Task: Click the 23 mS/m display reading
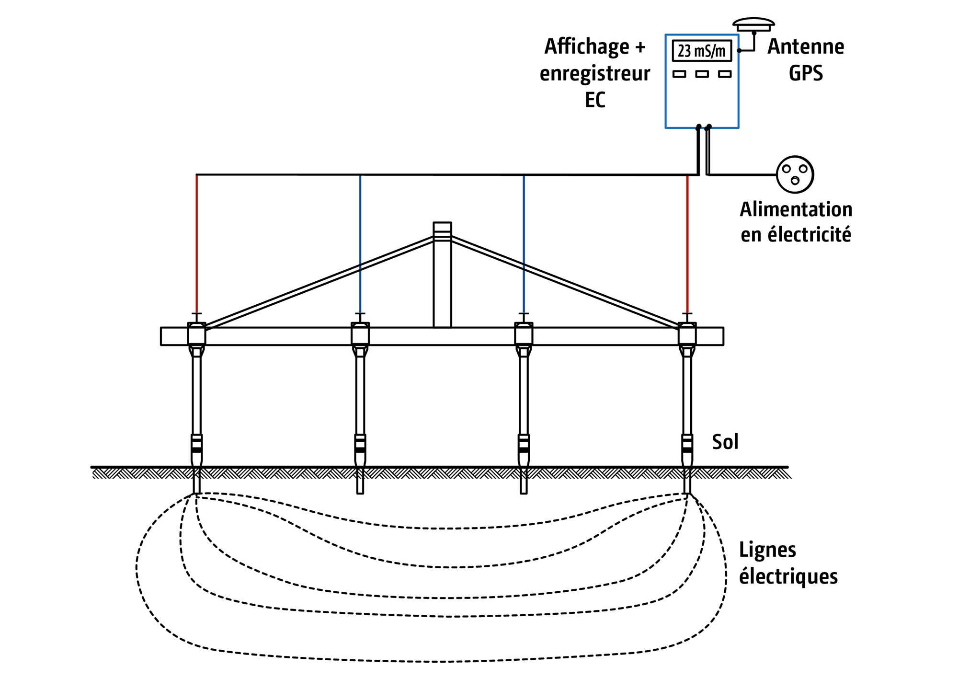(702, 51)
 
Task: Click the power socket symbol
(795, 174)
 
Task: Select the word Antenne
(806, 47)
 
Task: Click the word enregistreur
(595, 74)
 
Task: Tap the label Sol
(725, 442)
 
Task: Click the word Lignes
(767, 550)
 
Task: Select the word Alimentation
(796, 209)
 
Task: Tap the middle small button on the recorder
(702, 74)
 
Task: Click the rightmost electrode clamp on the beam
(687, 334)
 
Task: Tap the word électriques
(788, 576)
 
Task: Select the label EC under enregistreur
(595, 100)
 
